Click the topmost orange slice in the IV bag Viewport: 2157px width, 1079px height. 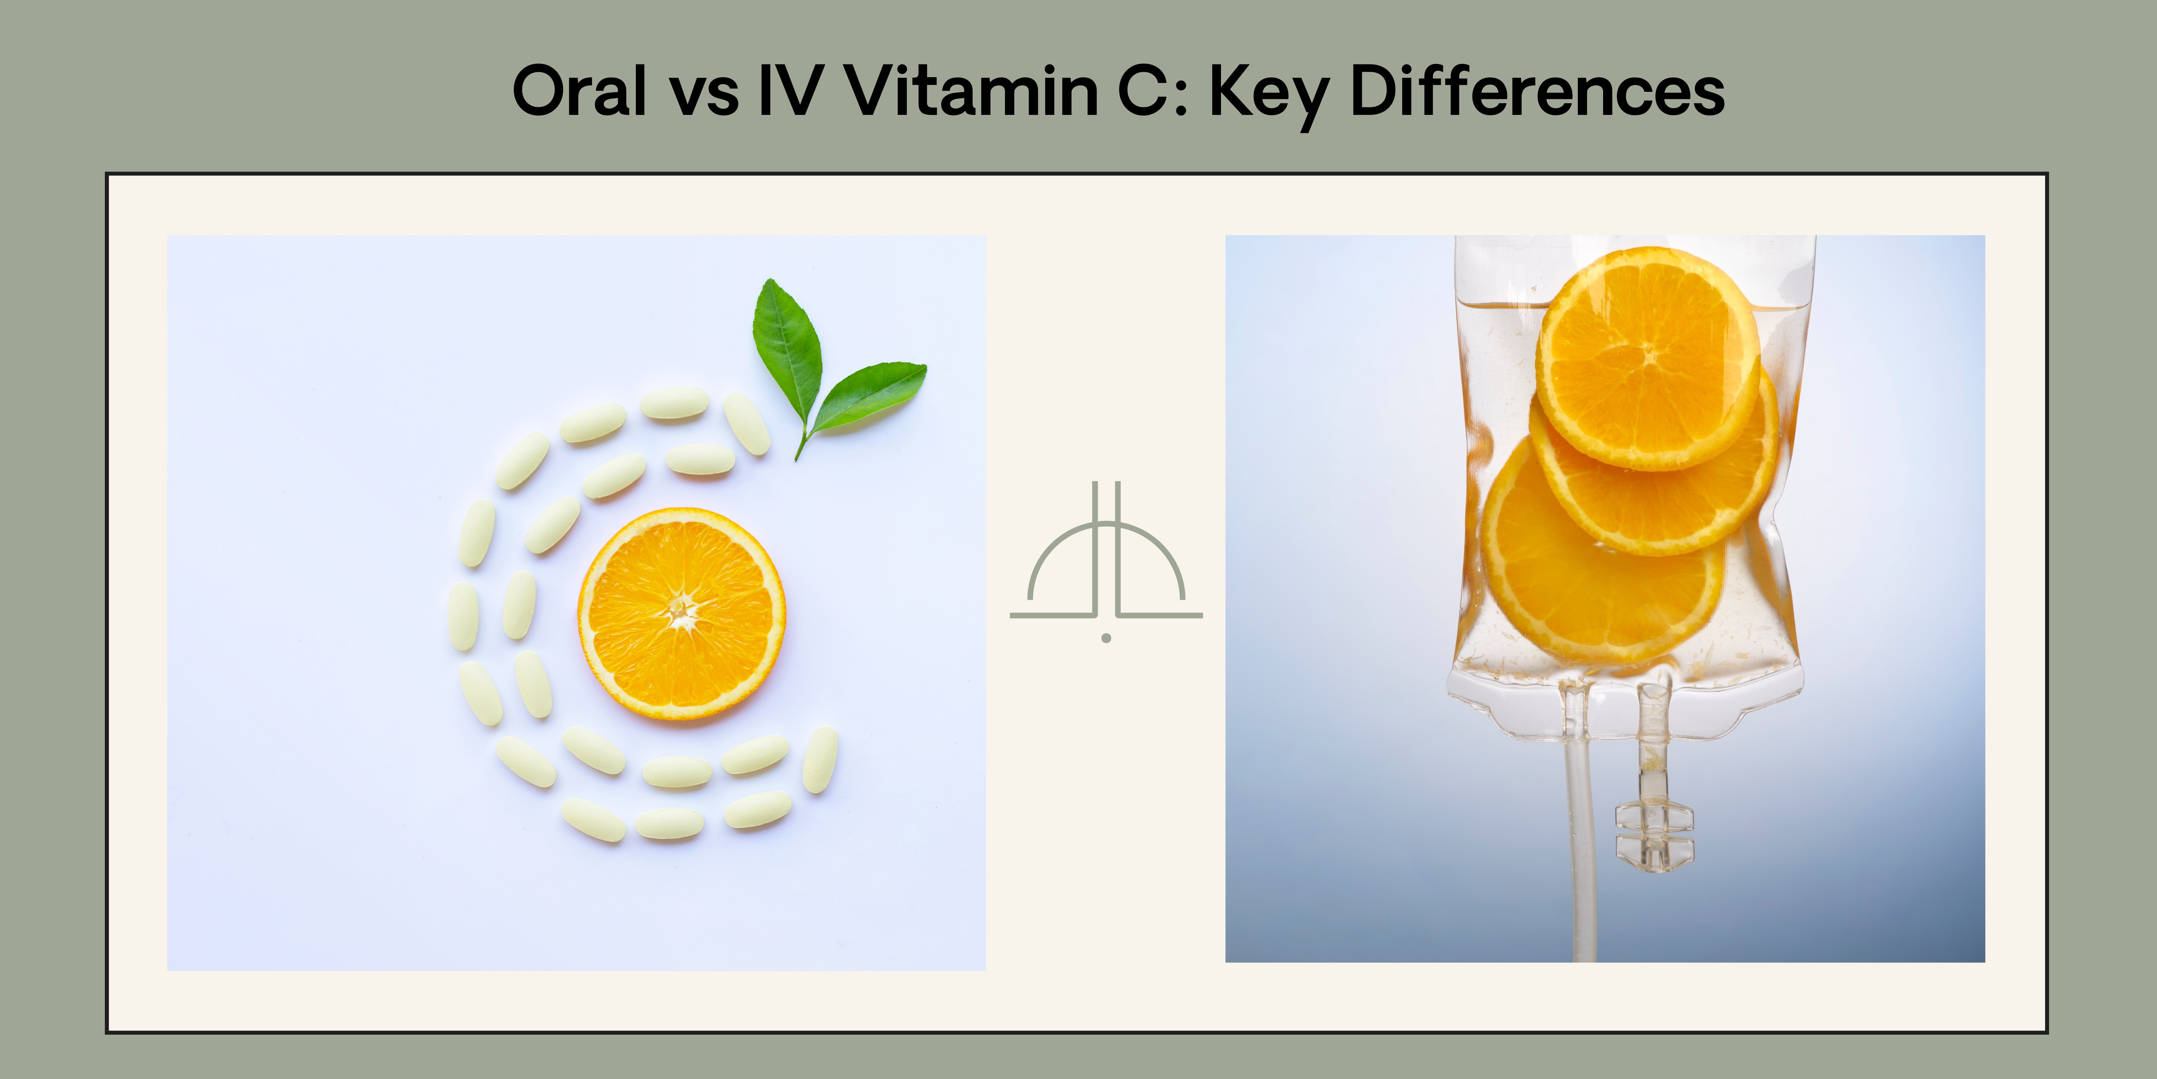point(1648,358)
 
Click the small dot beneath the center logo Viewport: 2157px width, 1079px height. point(1106,638)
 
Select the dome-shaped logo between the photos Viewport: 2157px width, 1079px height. point(1106,553)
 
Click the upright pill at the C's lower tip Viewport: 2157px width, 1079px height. point(820,760)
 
